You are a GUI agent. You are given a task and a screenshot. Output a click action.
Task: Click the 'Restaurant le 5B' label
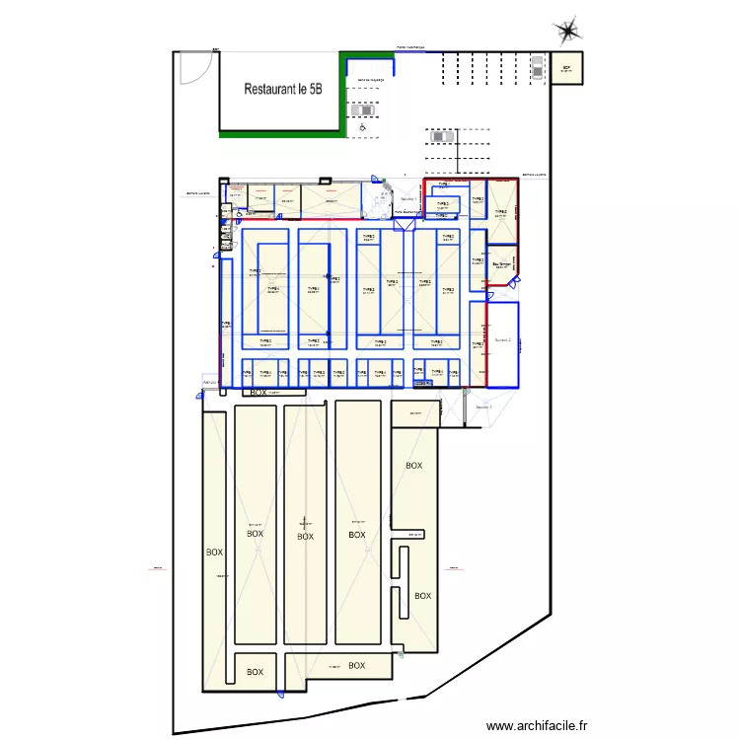pyautogui.click(x=283, y=89)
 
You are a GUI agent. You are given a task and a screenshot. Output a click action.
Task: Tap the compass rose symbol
pyautogui.click(x=568, y=31)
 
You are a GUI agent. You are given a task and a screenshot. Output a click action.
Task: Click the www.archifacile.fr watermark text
pyautogui.click(x=537, y=725)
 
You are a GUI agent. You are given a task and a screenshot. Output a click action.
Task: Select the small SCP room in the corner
pyautogui.click(x=566, y=69)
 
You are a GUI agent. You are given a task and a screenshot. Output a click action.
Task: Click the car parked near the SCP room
pyautogui.click(x=537, y=66)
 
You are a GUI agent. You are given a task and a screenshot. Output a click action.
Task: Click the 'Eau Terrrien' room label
pyautogui.click(x=502, y=263)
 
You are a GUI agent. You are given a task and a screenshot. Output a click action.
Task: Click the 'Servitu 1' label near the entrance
pyautogui.click(x=407, y=198)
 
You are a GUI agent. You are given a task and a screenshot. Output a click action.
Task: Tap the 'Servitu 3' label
pyautogui.click(x=483, y=407)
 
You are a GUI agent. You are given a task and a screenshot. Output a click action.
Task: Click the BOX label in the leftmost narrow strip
pyautogui.click(x=214, y=553)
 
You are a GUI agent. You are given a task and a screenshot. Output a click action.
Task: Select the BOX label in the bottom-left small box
pyautogui.click(x=255, y=672)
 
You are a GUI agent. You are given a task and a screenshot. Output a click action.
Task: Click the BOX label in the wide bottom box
pyautogui.click(x=356, y=666)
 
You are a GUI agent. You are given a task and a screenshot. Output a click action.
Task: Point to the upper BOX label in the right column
pyautogui.click(x=413, y=465)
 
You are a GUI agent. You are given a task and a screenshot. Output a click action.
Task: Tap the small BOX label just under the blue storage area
pyautogui.click(x=259, y=392)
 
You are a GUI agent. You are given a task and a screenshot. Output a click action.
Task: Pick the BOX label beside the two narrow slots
pyautogui.click(x=422, y=595)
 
